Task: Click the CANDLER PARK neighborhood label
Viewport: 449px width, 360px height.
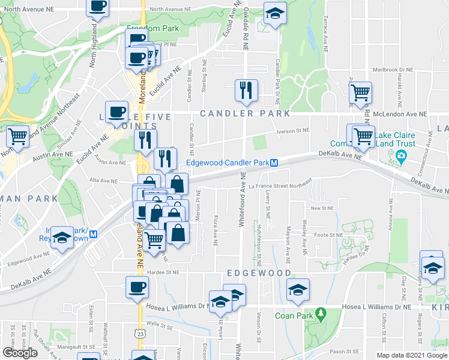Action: (x=245, y=113)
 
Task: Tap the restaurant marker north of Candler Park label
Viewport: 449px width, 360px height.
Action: (x=246, y=91)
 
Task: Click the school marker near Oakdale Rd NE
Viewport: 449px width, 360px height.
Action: (x=275, y=14)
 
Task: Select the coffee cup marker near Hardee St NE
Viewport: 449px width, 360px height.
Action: (x=137, y=287)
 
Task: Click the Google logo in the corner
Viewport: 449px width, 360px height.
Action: (x=20, y=353)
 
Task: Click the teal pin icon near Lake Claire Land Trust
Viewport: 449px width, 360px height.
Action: (x=401, y=157)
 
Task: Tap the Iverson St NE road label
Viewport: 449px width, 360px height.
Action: (x=292, y=130)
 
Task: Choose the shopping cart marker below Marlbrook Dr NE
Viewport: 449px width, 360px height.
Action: (x=360, y=93)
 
